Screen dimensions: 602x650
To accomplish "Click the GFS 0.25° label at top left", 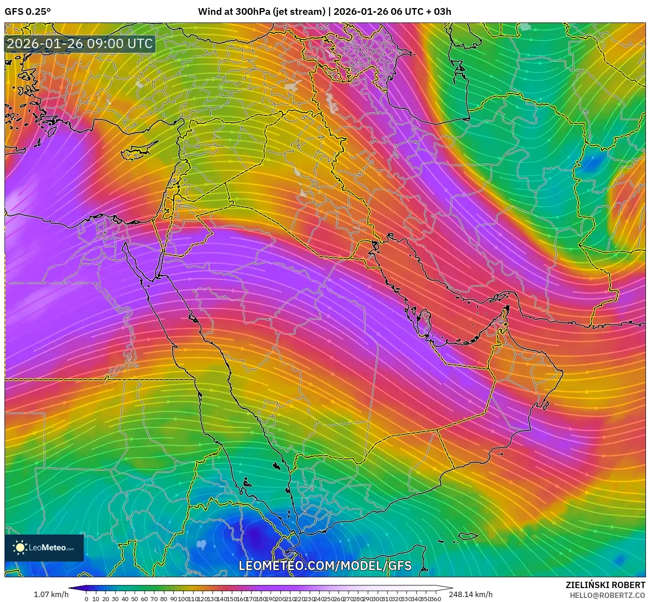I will coord(27,12).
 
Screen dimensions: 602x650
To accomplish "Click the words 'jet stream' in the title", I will coord(298,12).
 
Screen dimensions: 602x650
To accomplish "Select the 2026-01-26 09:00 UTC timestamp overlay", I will coord(80,44).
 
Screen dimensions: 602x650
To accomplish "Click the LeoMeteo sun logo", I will coord(20,548).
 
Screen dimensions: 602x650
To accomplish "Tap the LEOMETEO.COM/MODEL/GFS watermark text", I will coord(325,566).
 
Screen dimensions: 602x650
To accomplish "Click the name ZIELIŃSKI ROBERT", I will coord(605,585).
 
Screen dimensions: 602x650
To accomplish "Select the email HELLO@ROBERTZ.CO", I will coord(607,595).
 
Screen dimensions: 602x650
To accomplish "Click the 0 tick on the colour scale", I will coord(86,599).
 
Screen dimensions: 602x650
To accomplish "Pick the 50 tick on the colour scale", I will coord(134,599).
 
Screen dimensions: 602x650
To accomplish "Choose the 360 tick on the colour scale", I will coord(436,599).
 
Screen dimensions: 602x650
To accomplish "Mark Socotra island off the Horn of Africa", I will coord(468,536).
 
